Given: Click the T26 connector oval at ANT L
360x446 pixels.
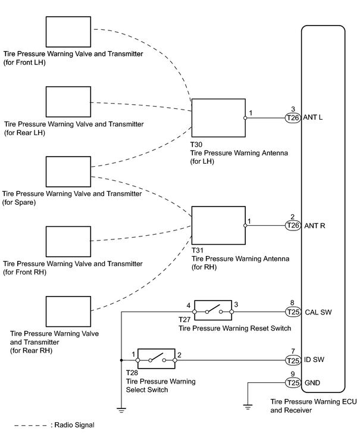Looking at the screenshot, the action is (x=293, y=118).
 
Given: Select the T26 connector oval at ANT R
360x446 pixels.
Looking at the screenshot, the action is (x=293, y=226).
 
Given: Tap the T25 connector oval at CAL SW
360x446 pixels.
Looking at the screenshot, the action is (x=293, y=312).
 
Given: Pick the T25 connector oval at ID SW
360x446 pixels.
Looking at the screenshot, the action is (x=293, y=360).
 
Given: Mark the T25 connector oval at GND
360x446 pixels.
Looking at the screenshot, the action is (x=293, y=383).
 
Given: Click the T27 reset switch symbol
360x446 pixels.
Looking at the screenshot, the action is (x=213, y=310).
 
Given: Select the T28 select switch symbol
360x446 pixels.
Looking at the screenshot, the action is (x=156, y=358).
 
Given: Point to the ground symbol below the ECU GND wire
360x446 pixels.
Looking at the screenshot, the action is (x=248, y=407).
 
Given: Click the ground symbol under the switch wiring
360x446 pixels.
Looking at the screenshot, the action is (x=121, y=410).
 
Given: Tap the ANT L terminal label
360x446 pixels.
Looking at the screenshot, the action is (x=313, y=117).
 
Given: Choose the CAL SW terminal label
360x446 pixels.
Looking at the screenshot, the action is (x=318, y=312).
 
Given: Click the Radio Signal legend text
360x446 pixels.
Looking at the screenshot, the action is (x=74, y=425).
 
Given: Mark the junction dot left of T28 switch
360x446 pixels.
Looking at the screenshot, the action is (x=121, y=360).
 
